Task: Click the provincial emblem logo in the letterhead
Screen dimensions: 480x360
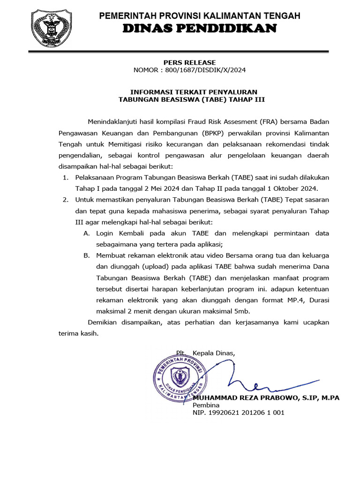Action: coord(51,27)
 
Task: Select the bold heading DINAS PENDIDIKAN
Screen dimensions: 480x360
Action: coord(199,30)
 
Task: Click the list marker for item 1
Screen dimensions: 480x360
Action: coord(65,178)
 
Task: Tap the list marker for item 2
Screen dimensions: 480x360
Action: coord(65,200)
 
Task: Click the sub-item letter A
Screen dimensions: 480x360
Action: coord(86,233)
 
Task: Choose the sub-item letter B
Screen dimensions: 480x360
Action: coord(86,255)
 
